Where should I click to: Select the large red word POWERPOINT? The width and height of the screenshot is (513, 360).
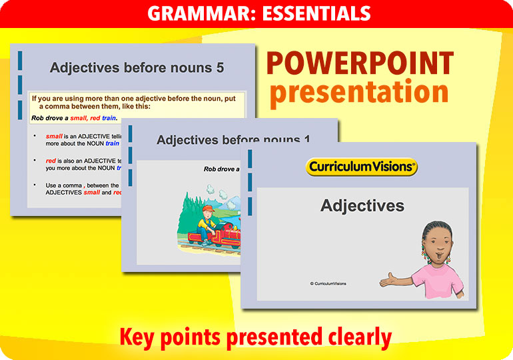tap(360, 64)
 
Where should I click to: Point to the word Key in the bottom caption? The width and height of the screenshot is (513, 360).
tap(141, 337)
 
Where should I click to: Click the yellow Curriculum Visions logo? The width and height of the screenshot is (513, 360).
tap(362, 167)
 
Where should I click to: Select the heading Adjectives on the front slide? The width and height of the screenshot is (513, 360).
tap(362, 205)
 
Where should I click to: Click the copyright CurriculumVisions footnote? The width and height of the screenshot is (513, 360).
tap(328, 283)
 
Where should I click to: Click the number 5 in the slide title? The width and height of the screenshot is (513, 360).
tap(220, 68)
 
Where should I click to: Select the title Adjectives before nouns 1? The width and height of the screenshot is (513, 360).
tap(233, 140)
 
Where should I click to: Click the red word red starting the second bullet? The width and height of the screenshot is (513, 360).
tap(51, 161)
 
